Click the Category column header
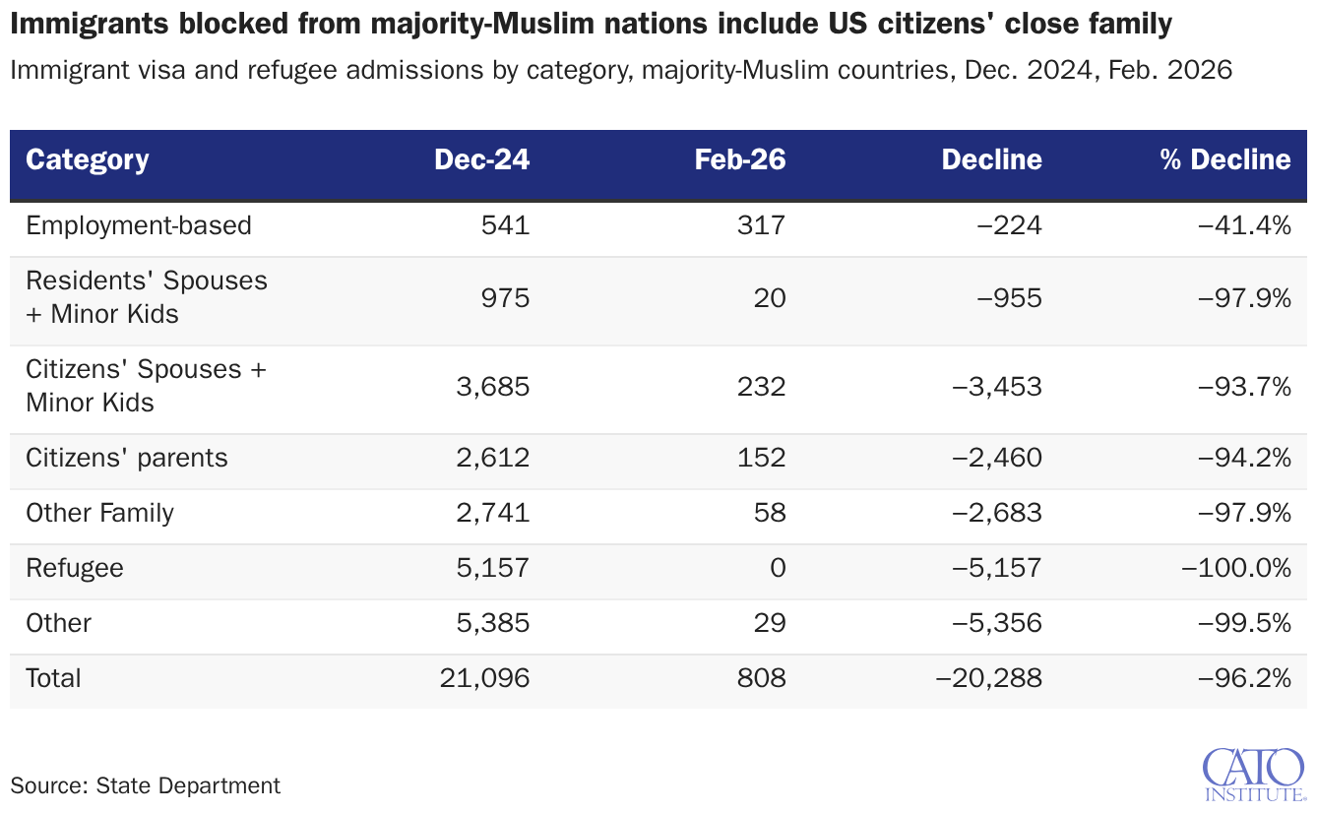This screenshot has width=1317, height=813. click(x=87, y=160)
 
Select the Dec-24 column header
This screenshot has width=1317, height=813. click(x=481, y=159)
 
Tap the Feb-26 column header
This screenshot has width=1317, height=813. click(x=739, y=159)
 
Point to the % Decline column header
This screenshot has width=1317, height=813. click(x=1225, y=159)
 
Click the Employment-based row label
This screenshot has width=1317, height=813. click(x=139, y=225)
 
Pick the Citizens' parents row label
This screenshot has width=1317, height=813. click(x=126, y=458)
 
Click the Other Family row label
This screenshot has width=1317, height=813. click(x=100, y=513)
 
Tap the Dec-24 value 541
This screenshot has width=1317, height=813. click(x=505, y=225)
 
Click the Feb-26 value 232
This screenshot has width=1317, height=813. click(x=762, y=387)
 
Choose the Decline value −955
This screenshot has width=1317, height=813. click(x=1010, y=298)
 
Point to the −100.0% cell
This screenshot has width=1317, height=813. click(x=1236, y=568)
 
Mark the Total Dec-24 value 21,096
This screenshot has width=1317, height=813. click(x=484, y=678)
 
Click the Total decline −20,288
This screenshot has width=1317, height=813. click(x=989, y=678)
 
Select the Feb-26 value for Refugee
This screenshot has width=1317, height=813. click(x=778, y=568)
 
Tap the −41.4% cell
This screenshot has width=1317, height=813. click(x=1244, y=225)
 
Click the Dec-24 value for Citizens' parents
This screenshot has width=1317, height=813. click(x=493, y=458)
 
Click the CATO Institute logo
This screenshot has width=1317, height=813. click(x=1254, y=775)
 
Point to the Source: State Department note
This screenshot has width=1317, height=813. click(x=146, y=786)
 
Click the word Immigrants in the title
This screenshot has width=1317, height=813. click(x=90, y=25)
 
